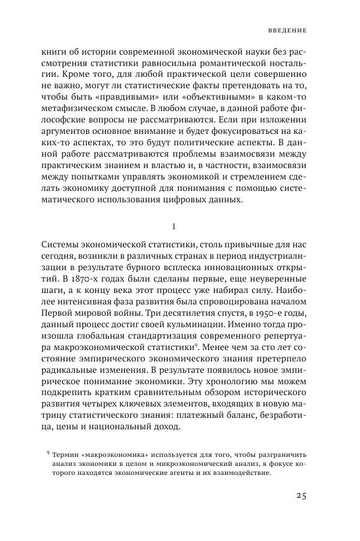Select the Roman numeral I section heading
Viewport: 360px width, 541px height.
click(x=173, y=226)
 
